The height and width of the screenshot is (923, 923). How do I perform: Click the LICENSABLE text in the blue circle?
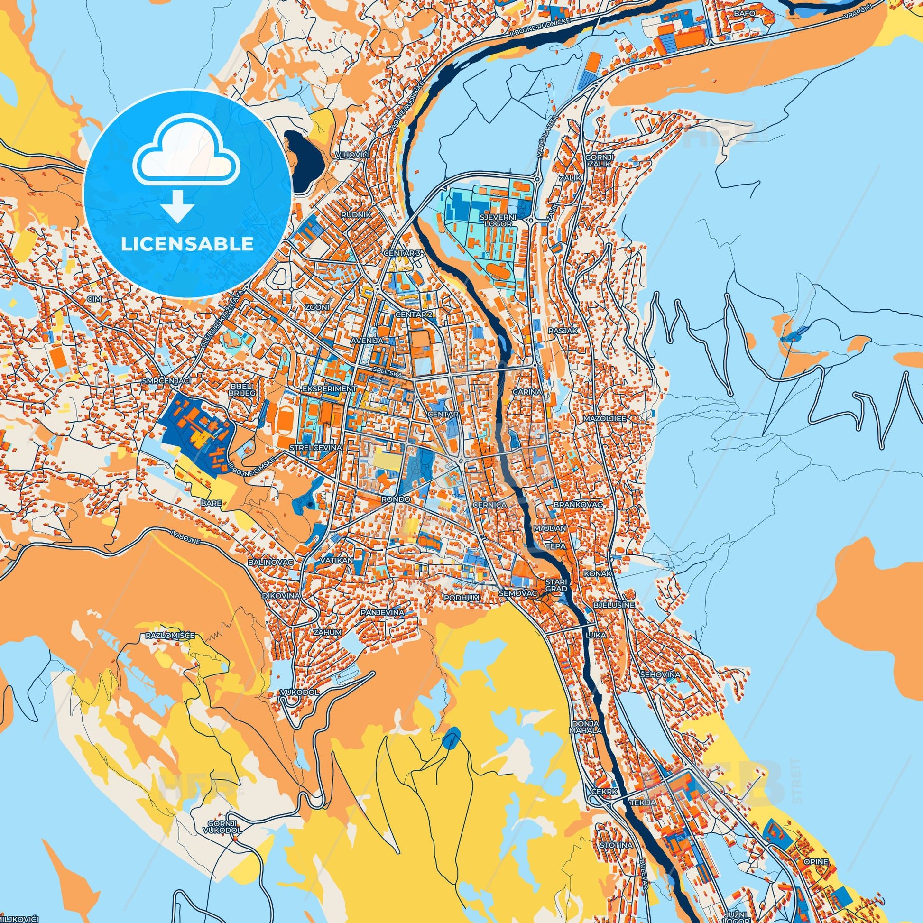click(x=187, y=244)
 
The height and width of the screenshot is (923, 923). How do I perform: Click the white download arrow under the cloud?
click(x=177, y=206)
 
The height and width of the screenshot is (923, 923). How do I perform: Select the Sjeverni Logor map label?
click(x=497, y=220)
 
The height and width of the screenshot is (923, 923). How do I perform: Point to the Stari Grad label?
click(x=556, y=585)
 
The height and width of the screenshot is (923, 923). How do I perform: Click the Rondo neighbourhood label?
click(x=396, y=499)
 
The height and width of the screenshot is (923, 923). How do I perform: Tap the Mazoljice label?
click(x=604, y=418)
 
